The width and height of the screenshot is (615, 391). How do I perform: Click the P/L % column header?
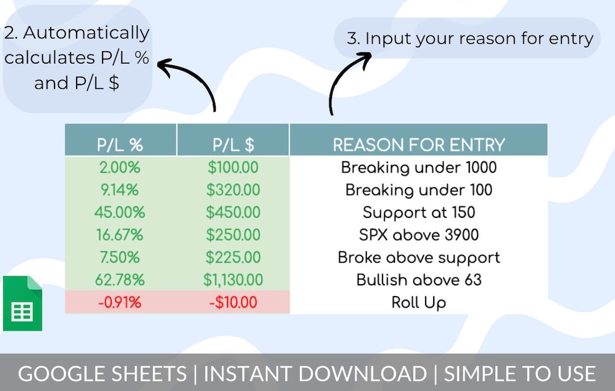(x=120, y=145)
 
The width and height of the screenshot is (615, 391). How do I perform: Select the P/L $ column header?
(x=233, y=145)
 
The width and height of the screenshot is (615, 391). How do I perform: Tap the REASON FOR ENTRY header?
(x=419, y=145)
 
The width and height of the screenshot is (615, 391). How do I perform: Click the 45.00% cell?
(x=120, y=212)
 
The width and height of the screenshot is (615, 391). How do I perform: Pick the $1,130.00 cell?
(x=233, y=280)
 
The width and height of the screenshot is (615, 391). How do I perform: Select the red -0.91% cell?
(x=120, y=303)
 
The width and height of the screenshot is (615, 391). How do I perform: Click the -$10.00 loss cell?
(x=233, y=303)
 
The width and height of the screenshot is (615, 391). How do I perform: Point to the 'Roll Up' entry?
(x=419, y=303)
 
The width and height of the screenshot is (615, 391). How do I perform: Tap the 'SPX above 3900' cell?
(x=419, y=235)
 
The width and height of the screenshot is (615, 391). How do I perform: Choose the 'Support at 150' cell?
(x=419, y=212)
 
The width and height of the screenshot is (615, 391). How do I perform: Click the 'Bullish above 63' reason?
(x=419, y=280)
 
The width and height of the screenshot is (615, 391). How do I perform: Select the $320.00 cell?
(x=233, y=190)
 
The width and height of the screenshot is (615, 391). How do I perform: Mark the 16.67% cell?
(x=120, y=235)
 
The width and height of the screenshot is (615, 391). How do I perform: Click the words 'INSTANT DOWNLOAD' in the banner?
(x=315, y=374)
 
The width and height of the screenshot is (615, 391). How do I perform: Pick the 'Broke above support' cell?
(x=419, y=257)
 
